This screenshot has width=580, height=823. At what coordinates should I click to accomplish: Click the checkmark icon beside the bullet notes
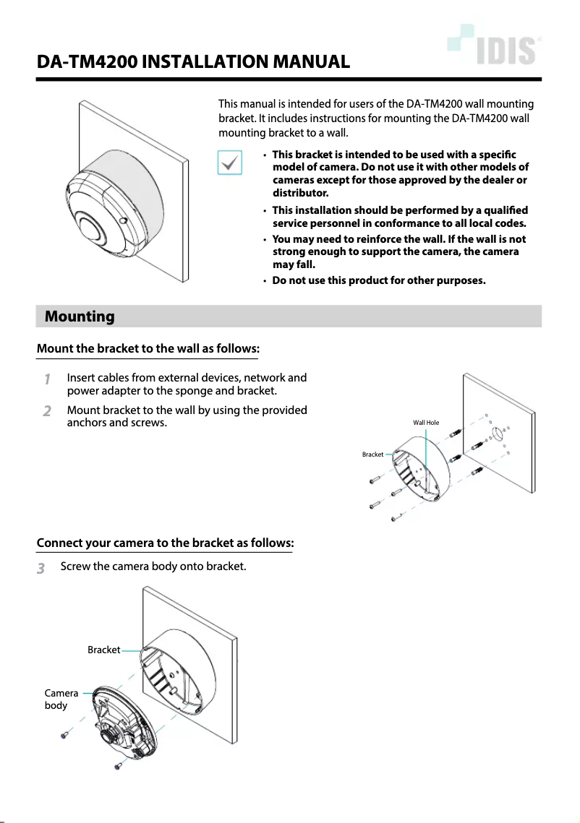[229, 163]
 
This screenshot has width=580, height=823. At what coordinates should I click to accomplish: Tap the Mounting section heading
[80, 316]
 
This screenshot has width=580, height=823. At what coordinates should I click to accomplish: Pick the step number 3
[41, 569]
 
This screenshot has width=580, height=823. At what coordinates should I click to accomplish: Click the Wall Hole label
[426, 422]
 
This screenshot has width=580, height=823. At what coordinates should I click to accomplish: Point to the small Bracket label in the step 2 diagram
[372, 454]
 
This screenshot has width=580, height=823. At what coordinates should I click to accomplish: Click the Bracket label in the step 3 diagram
[103, 650]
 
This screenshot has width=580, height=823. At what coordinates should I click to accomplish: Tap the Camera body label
[61, 699]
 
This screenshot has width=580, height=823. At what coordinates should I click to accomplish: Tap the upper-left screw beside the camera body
[64, 734]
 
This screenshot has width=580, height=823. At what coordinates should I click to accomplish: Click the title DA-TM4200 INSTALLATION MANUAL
[194, 62]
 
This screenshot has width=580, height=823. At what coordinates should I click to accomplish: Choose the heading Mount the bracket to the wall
[148, 348]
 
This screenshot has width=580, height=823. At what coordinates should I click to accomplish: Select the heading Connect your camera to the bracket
[165, 543]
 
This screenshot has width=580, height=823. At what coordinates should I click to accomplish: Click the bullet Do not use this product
[378, 280]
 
